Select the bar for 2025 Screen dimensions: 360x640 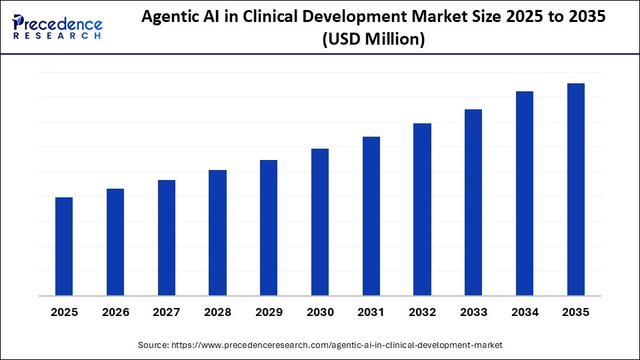tap(64, 247)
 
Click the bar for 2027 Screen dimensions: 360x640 tap(167, 238)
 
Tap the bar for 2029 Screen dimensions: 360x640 tap(269, 228)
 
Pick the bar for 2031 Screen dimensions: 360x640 tap(371, 216)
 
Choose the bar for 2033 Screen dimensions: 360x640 tap(473, 203)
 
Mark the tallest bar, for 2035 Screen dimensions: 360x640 tap(576, 189)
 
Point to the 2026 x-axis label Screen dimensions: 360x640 tap(115, 312)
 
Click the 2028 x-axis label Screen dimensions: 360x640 tap(217, 312)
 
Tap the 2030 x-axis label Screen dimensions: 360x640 tap(320, 312)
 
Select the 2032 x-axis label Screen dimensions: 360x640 tap(422, 312)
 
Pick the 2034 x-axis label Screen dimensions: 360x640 tap(525, 312)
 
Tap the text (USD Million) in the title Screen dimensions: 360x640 tap(373, 40)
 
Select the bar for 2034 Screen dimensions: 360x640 tap(525, 193)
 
